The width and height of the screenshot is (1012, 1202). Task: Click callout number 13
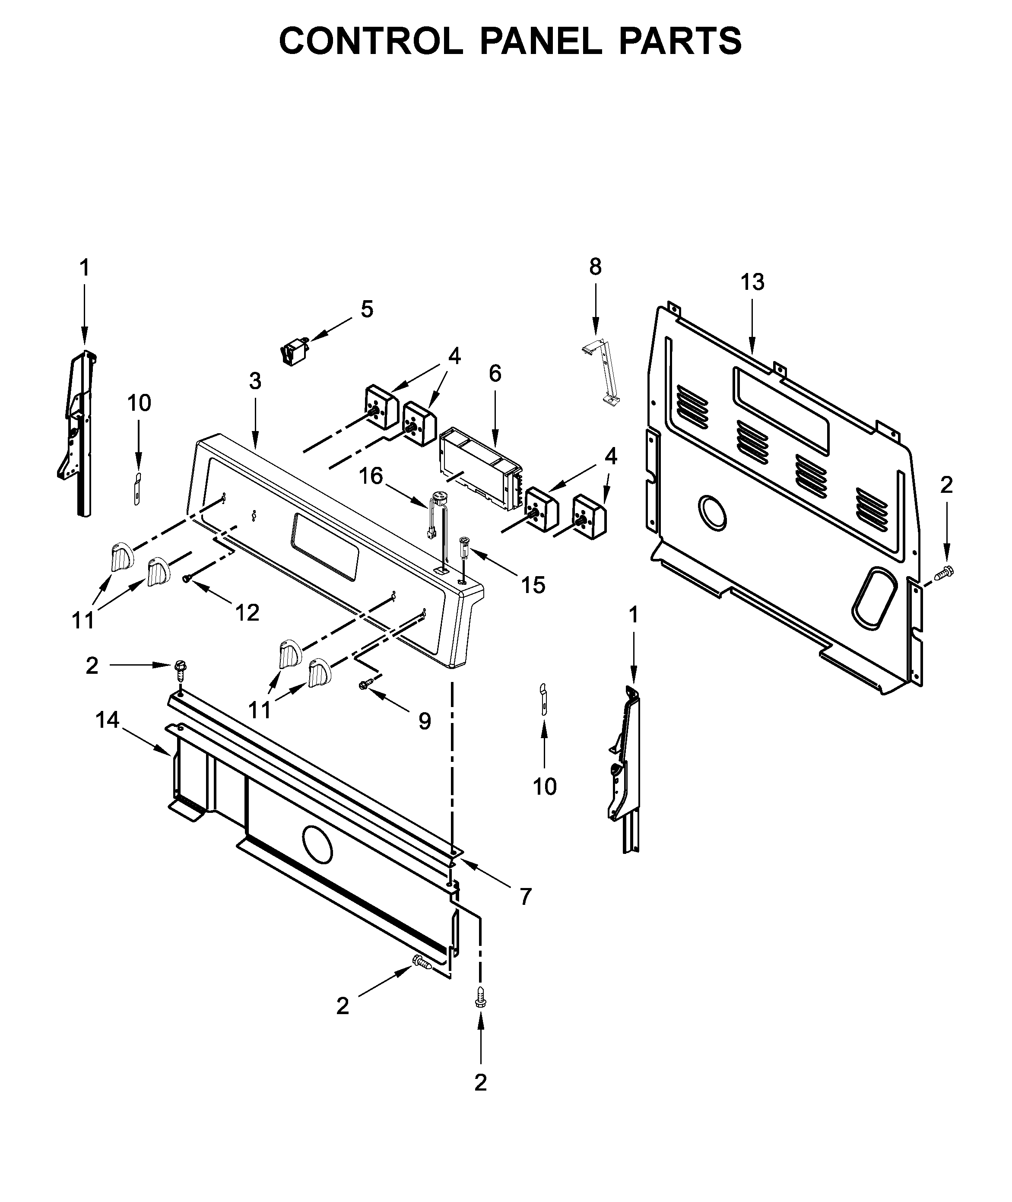pyautogui.click(x=752, y=282)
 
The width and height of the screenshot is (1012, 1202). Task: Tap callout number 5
pyautogui.click(x=367, y=309)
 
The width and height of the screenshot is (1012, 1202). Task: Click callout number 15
pyautogui.click(x=533, y=585)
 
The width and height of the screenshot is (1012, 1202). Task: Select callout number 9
pyautogui.click(x=425, y=721)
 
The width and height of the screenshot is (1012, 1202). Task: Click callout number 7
pyautogui.click(x=526, y=896)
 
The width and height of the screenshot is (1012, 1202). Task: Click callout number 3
pyautogui.click(x=255, y=381)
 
